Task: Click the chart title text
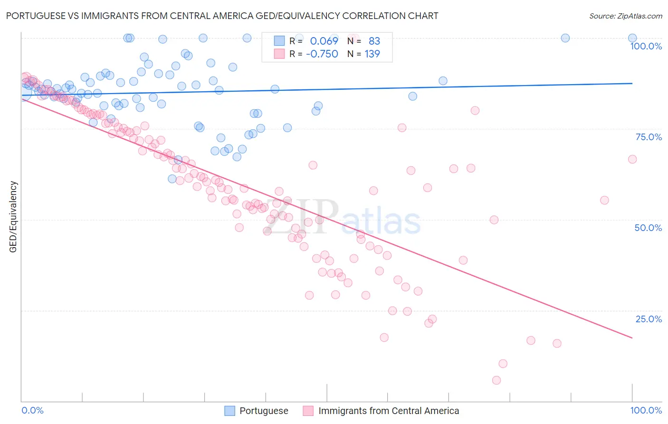click(x=222, y=16)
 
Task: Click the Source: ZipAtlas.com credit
click(x=625, y=16)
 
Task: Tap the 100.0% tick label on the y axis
click(x=646, y=46)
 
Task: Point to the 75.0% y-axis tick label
click(x=649, y=137)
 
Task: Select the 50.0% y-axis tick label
click(x=648, y=228)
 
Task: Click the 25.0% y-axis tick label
click(x=649, y=319)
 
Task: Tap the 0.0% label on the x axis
click(x=32, y=410)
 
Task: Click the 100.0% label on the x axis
click(x=646, y=410)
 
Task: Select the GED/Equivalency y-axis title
click(x=13, y=217)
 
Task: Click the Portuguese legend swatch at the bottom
click(x=230, y=411)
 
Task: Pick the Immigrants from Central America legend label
click(x=389, y=411)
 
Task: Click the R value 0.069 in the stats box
click(x=324, y=41)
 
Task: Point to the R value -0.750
click(x=322, y=54)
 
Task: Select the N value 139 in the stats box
click(x=372, y=54)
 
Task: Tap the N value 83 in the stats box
click(x=374, y=41)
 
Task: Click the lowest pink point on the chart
click(x=496, y=380)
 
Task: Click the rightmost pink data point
click(x=632, y=159)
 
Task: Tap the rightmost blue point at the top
click(x=632, y=38)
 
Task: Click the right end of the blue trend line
click(x=632, y=83)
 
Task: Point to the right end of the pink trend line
click(x=632, y=338)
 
